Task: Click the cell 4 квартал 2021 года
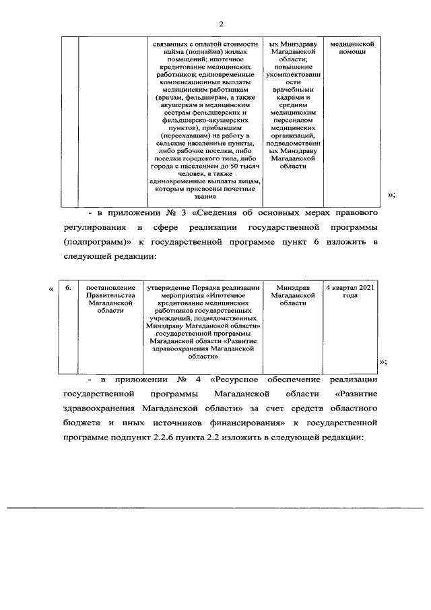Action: [x=350, y=292]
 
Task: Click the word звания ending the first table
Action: [x=207, y=196]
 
